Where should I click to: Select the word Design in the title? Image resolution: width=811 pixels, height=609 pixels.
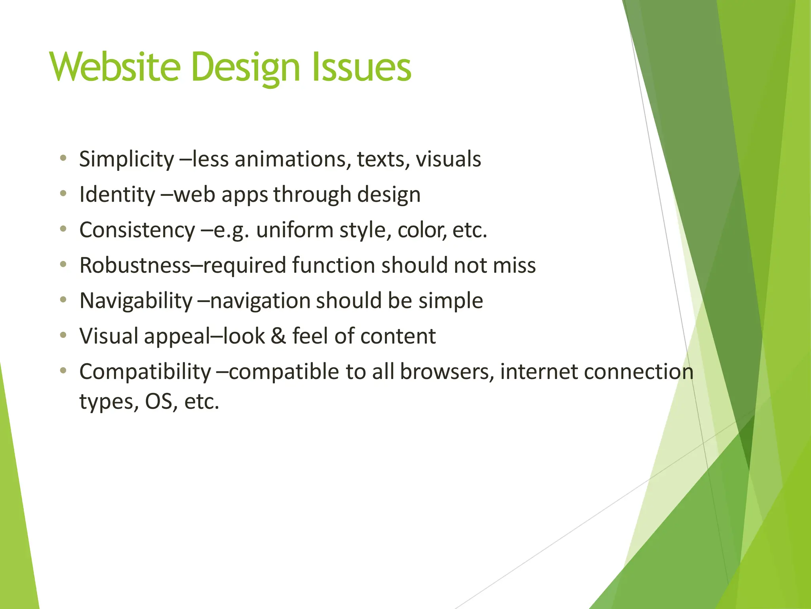point(246,68)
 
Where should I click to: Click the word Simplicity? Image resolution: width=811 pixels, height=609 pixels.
point(126,159)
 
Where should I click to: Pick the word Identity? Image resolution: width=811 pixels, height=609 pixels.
point(117,195)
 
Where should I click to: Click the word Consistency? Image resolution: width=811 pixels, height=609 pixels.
point(137,230)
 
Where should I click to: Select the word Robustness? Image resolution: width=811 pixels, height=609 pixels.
point(135,265)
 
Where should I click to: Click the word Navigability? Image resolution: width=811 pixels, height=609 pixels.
point(136,301)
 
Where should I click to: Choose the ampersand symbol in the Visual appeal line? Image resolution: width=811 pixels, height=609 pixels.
point(278,336)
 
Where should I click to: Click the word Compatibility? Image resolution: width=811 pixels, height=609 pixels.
point(145,372)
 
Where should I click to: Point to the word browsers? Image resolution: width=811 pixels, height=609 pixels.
point(447,372)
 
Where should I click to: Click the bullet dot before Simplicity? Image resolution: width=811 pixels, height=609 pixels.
point(63,159)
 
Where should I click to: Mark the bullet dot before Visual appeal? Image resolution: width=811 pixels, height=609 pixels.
point(63,335)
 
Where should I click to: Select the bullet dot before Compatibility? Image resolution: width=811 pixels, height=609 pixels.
point(63,371)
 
